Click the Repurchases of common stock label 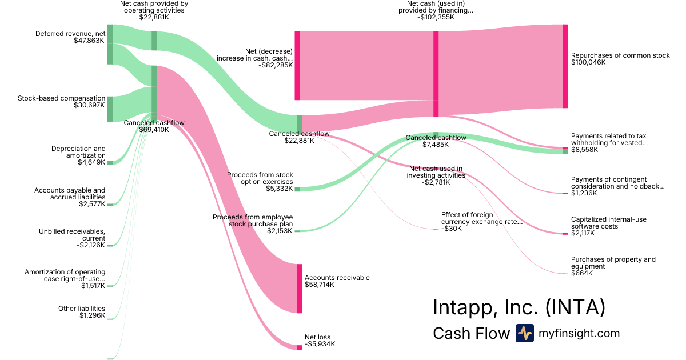620,55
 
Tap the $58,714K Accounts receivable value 320,285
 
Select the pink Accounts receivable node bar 299,289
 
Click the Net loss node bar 299,347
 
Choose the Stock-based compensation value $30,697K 89,105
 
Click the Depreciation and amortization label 78,152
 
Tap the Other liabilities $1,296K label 81,312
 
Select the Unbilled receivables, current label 72,235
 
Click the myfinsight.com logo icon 524,333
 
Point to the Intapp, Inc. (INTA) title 519,307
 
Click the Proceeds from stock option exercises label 260,178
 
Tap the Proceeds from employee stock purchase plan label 252,221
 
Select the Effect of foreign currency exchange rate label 481,218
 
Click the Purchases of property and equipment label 613,263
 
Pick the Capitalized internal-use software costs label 609,223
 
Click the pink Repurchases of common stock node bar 565,66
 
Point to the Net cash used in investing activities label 436,172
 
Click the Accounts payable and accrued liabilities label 70,194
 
